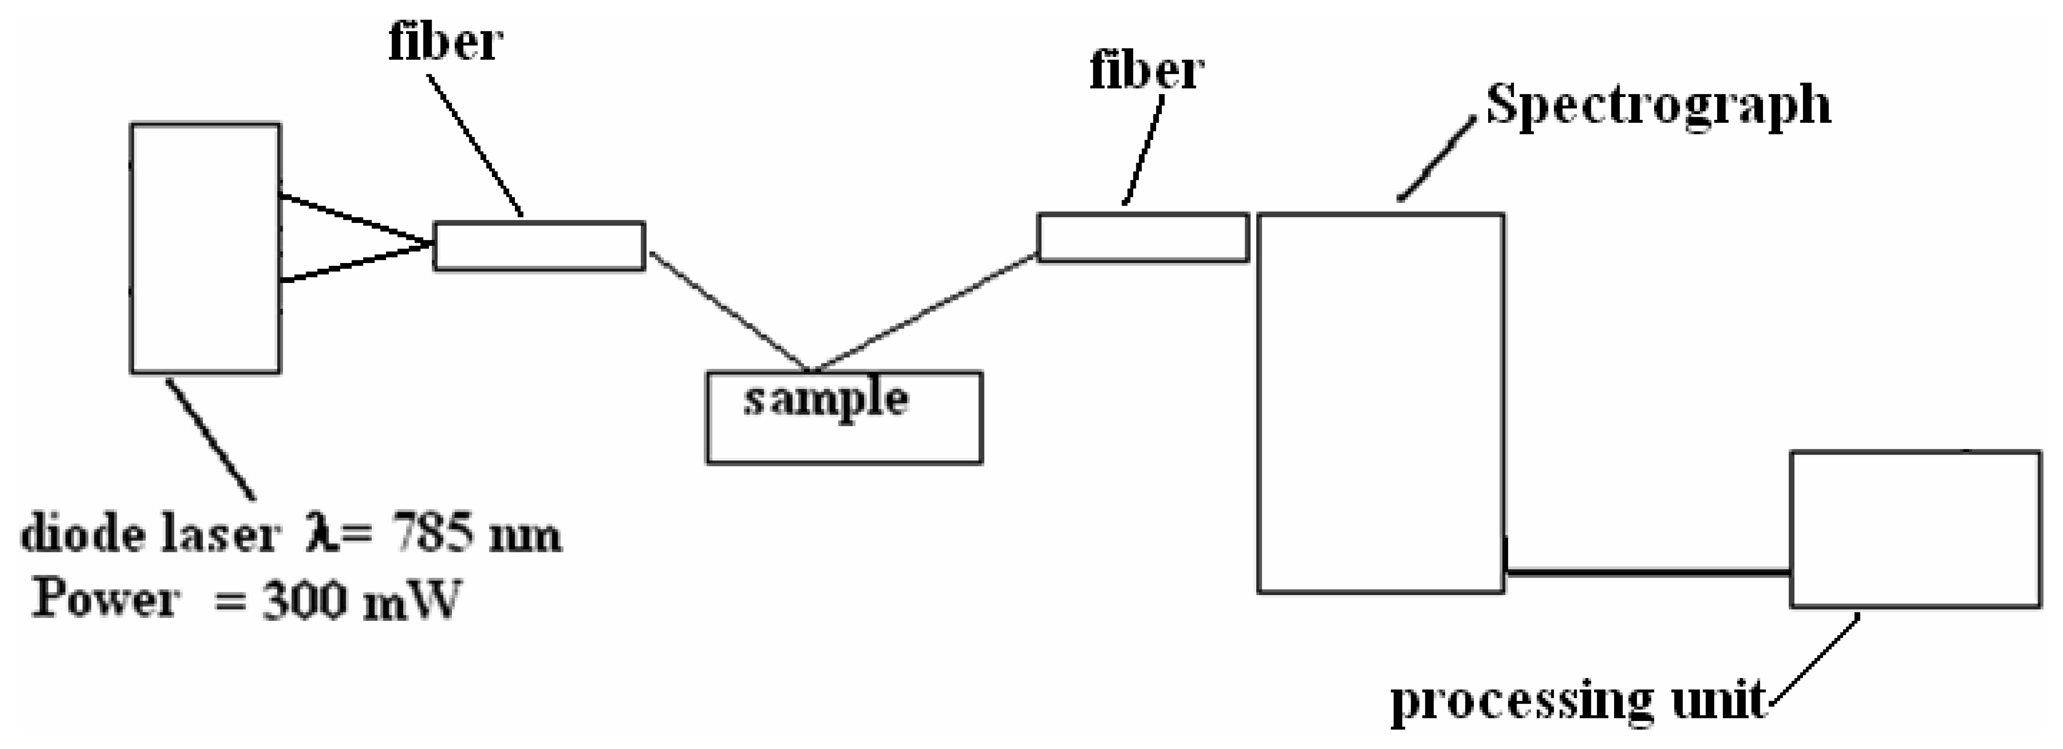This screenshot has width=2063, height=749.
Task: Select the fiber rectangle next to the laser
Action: pos(539,246)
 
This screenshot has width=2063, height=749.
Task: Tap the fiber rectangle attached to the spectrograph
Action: pos(1143,237)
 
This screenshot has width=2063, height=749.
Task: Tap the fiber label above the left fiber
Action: pos(445,42)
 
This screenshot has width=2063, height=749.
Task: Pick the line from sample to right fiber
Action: pos(925,313)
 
